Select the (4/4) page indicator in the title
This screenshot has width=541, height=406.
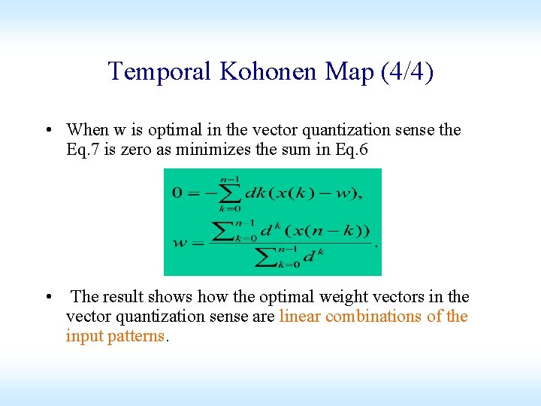click(407, 71)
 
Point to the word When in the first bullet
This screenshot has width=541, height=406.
click(86, 130)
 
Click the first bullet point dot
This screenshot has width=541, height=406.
click(48, 130)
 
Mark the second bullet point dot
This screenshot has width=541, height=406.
click(48, 297)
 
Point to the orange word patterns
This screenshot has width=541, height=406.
click(135, 336)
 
